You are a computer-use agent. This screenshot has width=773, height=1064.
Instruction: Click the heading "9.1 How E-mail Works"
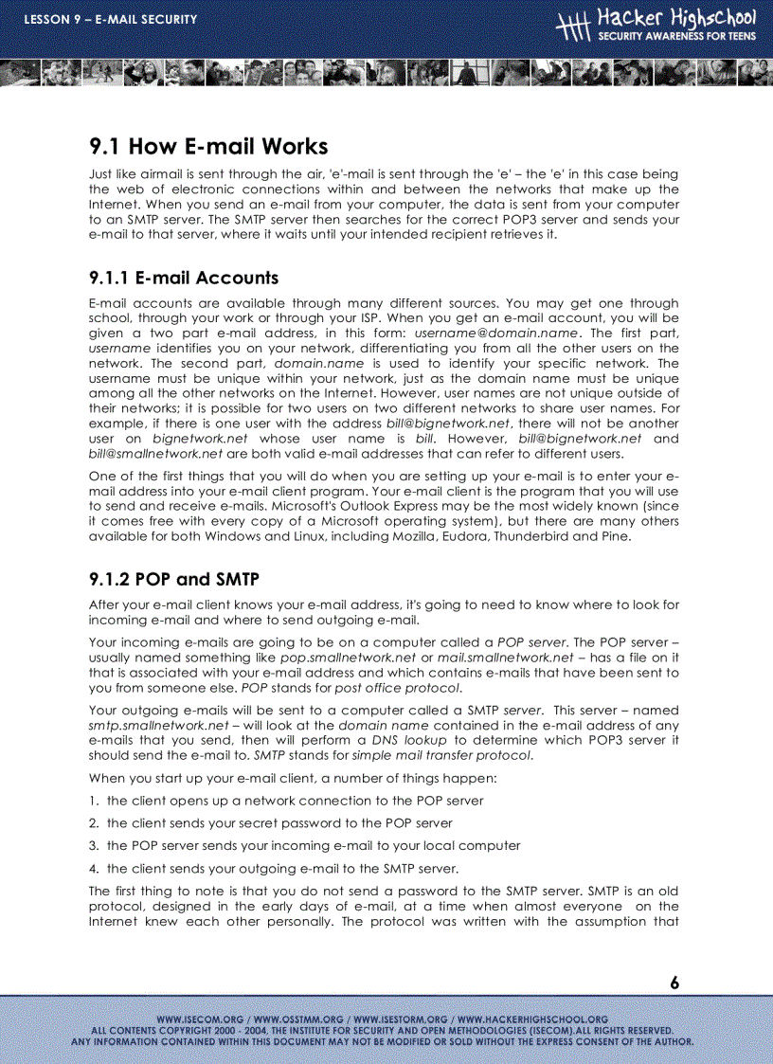[x=208, y=147]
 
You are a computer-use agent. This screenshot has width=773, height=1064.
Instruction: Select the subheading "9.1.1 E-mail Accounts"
[x=183, y=278]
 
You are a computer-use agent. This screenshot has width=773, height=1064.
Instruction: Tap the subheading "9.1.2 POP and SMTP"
[x=173, y=580]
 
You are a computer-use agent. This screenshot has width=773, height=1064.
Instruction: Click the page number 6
[x=674, y=983]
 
